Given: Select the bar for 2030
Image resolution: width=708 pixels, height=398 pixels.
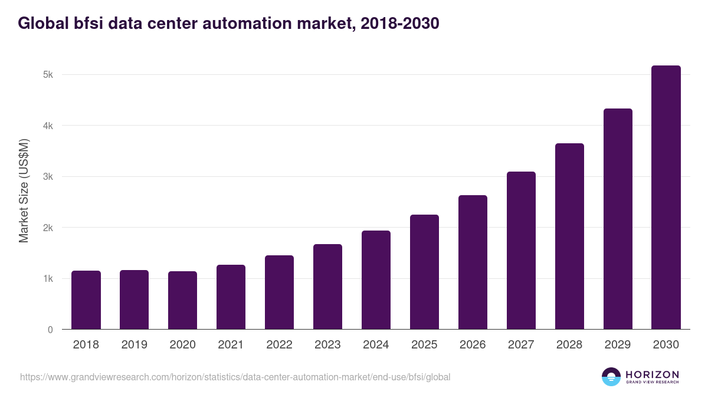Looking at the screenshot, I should coord(666,198).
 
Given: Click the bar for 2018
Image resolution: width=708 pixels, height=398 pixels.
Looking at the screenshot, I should coord(86,300).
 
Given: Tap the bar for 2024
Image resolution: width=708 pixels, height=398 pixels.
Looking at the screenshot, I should coord(376,280).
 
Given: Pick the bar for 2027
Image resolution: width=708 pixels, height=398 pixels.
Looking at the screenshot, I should coord(521,251).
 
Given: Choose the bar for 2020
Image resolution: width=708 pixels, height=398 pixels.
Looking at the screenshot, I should coord(182,300).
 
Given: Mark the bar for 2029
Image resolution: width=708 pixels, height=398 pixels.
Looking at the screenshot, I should coord(618,219).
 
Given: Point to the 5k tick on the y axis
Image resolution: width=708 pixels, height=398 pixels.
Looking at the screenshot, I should coord(48,75).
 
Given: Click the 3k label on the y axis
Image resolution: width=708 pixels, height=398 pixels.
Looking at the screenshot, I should coord(48,177).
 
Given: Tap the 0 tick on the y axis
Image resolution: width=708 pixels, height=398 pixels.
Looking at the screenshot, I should coord(50,330).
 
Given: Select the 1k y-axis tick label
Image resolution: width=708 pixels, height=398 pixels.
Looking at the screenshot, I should coord(48,279).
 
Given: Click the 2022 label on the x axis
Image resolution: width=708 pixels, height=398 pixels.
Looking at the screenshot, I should coord(279,345).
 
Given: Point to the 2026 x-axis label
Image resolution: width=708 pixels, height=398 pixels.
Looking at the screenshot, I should coord(473,345).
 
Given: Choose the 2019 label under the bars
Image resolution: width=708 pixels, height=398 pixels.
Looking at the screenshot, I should coord(134,345).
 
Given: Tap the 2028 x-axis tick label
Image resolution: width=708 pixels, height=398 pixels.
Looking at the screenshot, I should coord(569,345).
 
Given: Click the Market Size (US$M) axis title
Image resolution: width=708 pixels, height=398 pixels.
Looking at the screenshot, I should coord(24,190).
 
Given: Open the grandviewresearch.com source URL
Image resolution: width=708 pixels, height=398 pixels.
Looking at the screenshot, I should coord(235,377).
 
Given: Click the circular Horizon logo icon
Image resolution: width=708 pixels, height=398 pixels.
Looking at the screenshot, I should coord(611,377).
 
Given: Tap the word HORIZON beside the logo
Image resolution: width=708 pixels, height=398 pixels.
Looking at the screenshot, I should coord(652,374).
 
